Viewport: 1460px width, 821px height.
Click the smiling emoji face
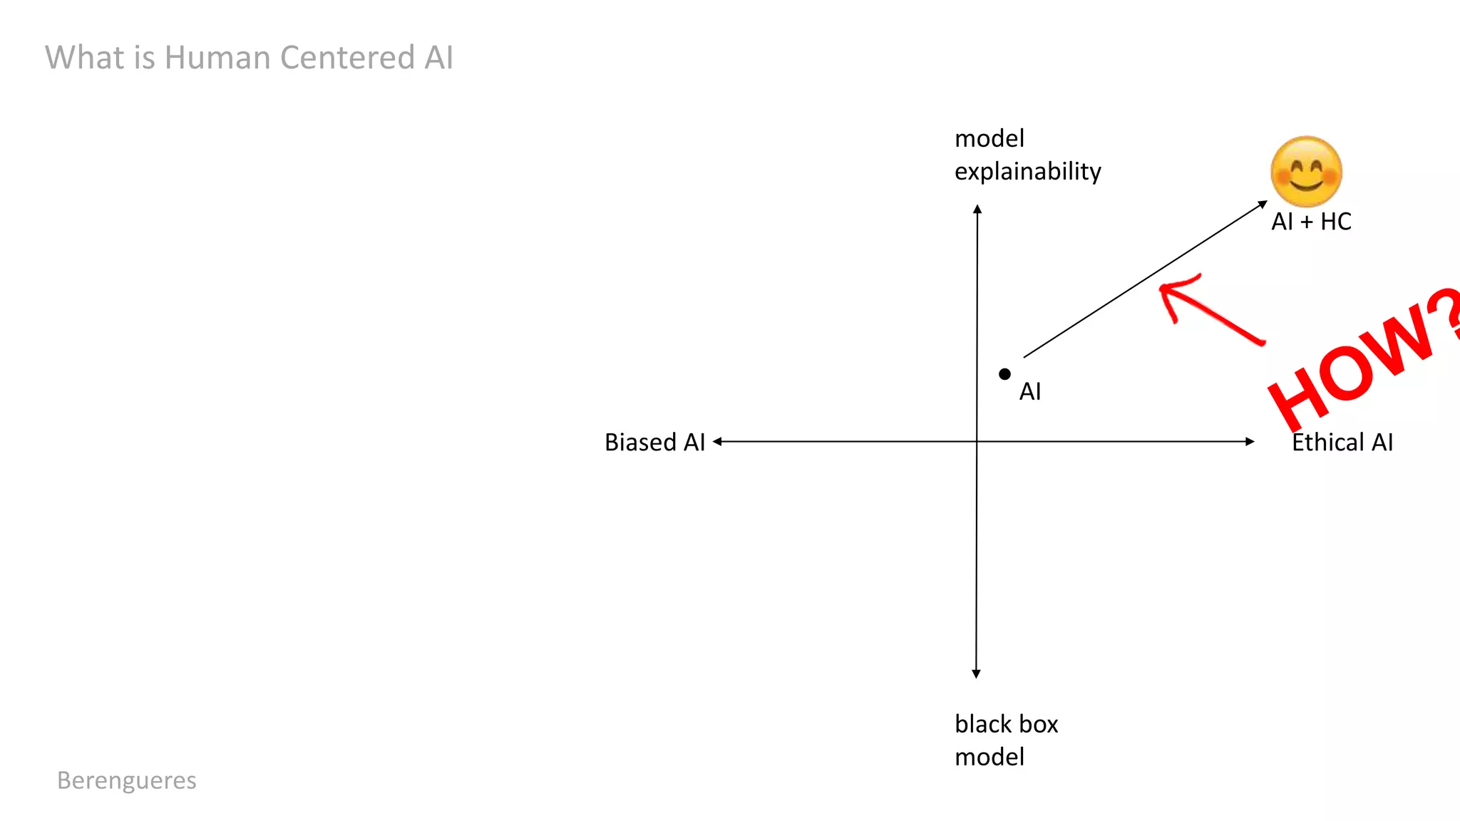tap(1306, 172)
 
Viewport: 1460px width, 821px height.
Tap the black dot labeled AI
tap(1004, 374)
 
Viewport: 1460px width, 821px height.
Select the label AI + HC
tap(1311, 222)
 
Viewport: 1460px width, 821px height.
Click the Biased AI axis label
tap(654, 443)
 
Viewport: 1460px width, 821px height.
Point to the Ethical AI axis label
tap(1342, 443)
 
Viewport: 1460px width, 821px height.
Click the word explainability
tap(1027, 172)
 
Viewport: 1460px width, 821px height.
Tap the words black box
tap(1006, 724)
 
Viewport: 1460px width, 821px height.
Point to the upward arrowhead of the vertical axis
tap(977, 210)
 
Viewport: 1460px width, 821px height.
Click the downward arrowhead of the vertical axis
tap(976, 673)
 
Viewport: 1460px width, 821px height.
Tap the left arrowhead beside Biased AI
tap(718, 442)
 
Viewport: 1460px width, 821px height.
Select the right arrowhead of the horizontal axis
tap(1250, 442)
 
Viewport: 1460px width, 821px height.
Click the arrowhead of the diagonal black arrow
tap(1263, 205)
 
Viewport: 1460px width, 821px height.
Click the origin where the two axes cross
tap(977, 442)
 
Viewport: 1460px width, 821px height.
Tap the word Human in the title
tap(217, 58)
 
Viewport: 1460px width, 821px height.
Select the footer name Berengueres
tap(126, 780)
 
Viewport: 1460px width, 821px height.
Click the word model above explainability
tap(989, 138)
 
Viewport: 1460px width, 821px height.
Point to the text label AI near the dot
tap(1029, 392)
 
